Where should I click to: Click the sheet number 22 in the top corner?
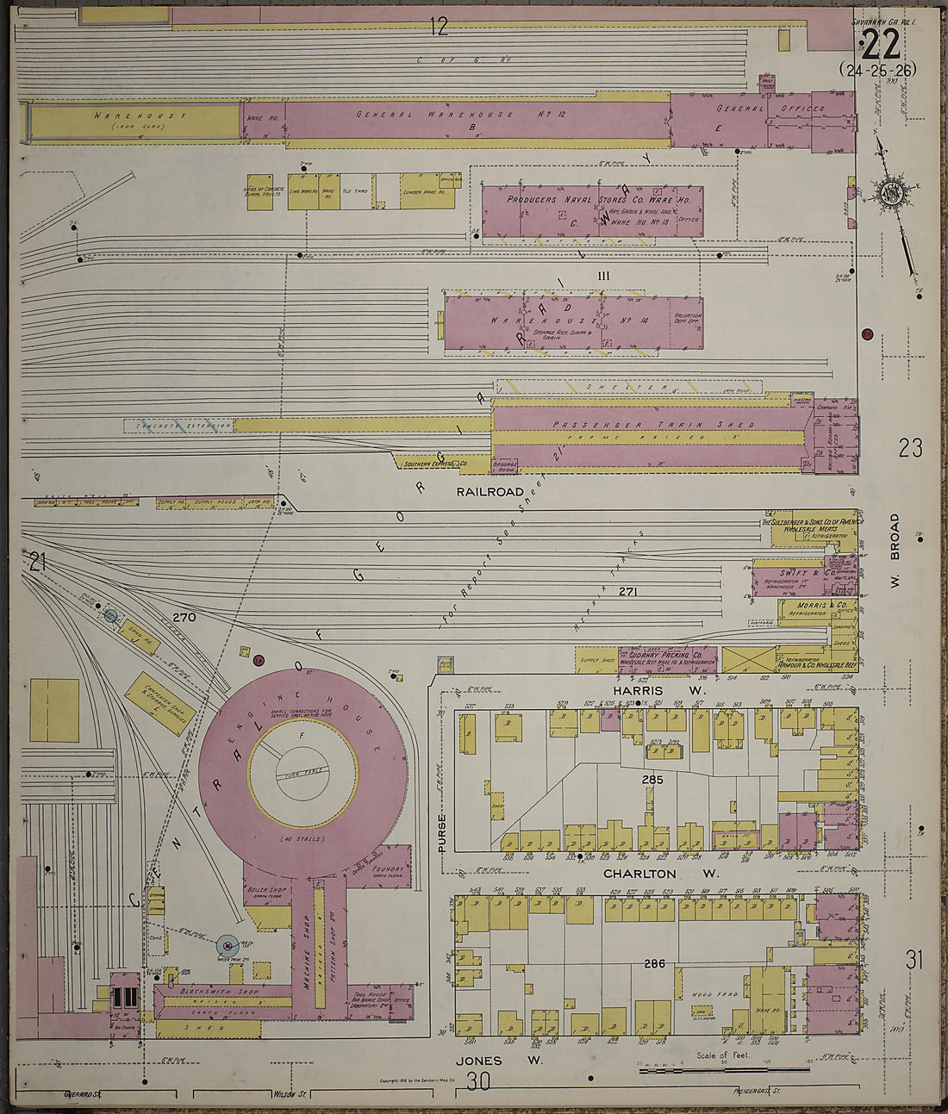coord(880,43)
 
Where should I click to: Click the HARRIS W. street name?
coord(660,691)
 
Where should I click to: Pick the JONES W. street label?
coord(501,1061)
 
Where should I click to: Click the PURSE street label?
coord(442,833)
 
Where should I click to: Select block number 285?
coord(652,780)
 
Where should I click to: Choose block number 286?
coord(655,963)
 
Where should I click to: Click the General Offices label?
coord(770,109)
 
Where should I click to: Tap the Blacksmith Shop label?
coord(211,992)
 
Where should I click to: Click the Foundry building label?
coord(387,869)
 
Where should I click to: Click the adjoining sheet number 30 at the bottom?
coord(477,1080)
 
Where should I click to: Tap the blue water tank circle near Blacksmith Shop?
coord(227,946)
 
